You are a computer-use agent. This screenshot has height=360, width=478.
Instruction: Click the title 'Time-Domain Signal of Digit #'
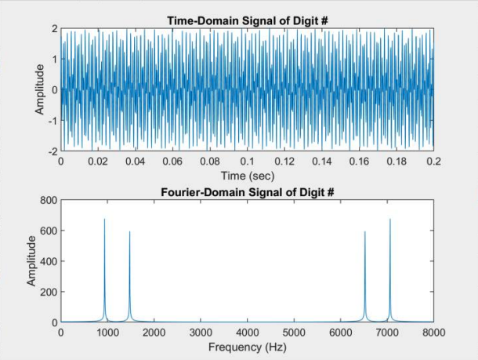point(247,20)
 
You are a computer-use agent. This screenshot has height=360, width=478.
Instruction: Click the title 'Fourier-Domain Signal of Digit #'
point(247,192)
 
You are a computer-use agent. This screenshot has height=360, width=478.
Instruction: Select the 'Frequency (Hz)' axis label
point(247,346)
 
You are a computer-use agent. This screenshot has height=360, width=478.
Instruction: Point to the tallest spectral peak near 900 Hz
point(104,220)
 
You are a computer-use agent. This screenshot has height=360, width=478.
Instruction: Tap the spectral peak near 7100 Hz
point(390,220)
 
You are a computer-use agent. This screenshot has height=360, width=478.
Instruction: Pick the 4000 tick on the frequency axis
point(248,332)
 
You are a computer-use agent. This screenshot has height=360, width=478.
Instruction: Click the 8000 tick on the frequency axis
point(433,332)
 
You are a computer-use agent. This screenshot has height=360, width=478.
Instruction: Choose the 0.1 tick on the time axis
point(247,160)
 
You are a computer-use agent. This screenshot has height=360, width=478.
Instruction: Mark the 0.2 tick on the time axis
point(433,160)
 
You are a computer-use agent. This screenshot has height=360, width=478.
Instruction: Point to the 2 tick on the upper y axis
point(54,28)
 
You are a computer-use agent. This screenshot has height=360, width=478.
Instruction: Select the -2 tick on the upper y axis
point(52,151)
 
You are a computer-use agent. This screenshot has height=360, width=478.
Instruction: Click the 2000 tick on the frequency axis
point(154,332)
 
